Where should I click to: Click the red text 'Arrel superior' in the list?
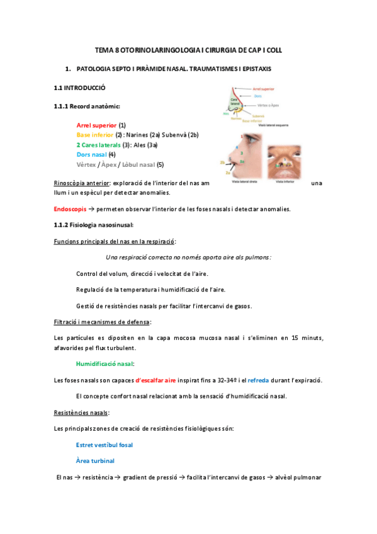tap(96, 125)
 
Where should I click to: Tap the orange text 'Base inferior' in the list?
tap(95, 135)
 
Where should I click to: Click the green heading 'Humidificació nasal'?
tap(104, 364)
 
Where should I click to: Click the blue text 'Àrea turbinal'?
tap(94, 460)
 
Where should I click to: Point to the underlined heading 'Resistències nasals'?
tap(81, 412)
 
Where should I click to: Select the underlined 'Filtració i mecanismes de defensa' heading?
tap(103, 322)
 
